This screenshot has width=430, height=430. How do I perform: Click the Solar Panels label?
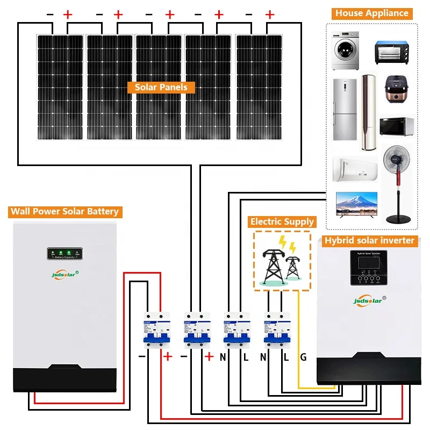click(161, 87)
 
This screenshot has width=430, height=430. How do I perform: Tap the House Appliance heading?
click(372, 13)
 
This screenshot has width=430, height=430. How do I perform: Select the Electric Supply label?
click(282, 221)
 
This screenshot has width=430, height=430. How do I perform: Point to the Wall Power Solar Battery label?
click(64, 211)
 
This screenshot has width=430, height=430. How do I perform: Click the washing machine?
click(345, 51)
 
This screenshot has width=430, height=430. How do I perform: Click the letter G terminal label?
click(303, 356)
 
